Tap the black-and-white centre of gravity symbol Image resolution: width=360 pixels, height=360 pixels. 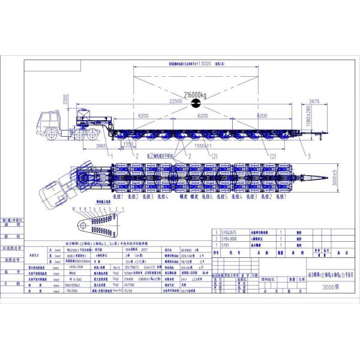click(195, 104)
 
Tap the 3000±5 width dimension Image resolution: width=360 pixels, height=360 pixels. click(326, 179)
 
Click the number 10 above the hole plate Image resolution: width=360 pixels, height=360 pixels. click(73, 210)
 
